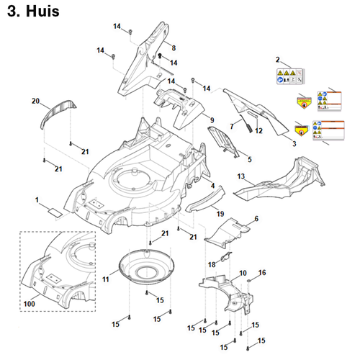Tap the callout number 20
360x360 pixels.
coord(35,102)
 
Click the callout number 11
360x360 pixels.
coord(106,278)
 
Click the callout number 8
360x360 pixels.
coord(173,48)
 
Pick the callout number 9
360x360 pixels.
coord(212,118)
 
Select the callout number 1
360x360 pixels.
coord(37,198)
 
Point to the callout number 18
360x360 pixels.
coord(211,265)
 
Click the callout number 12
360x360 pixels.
coord(259,130)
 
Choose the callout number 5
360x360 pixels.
coord(249,158)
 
